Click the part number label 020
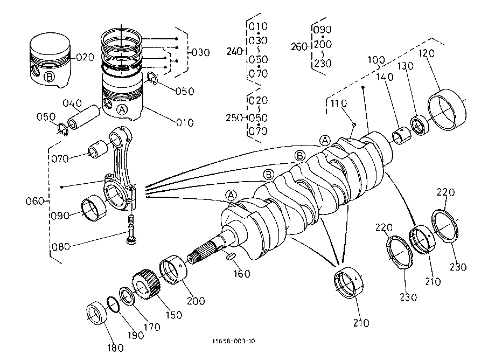tap(85, 58)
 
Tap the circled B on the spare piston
tap(48, 77)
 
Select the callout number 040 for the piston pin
tap(72, 103)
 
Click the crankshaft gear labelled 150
tap(146, 285)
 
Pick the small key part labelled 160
tap(231, 256)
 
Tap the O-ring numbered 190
tap(113, 304)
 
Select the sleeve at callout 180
tap(97, 313)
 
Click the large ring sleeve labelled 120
tap(447, 109)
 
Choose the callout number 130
tap(406, 66)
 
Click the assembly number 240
tap(234, 52)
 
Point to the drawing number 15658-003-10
tap(234, 341)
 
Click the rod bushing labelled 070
tap(98, 149)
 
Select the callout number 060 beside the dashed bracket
tap(35, 201)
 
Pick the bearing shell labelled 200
tap(173, 269)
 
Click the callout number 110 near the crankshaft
tap(339, 103)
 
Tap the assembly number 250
tap(234, 118)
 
